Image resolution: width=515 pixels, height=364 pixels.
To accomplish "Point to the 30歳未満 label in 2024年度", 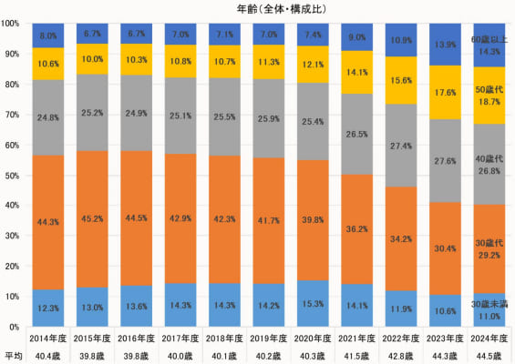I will pos(489,303).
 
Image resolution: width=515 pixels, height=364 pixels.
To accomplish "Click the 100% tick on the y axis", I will pos(12,24).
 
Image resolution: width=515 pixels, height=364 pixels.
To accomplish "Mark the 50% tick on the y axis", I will pos(14,175).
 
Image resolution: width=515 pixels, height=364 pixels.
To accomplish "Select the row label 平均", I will pos(13,354).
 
